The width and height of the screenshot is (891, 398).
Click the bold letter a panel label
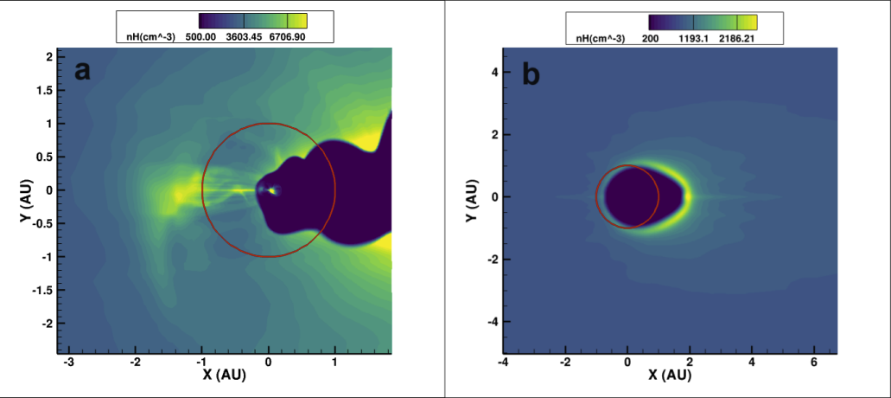(x=83, y=71)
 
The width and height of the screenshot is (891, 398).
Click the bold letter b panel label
(x=531, y=75)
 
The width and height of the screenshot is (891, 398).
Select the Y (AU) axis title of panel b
(x=472, y=197)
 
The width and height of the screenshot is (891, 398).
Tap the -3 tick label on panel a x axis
(x=68, y=363)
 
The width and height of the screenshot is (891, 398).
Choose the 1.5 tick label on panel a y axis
(x=50, y=90)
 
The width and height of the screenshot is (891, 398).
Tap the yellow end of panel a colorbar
(x=298, y=21)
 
